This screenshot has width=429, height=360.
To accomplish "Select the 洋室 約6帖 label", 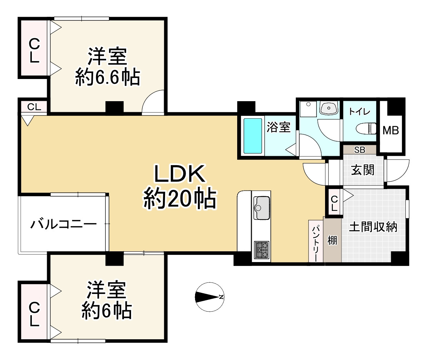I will tap(106, 300).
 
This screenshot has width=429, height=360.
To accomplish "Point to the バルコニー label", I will tap(64, 225).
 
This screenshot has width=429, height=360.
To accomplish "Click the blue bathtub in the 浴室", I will tap(253, 136).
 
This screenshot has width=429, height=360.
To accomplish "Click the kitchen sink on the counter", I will tap(262, 208).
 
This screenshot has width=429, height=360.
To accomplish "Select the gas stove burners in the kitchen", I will tap(262, 250).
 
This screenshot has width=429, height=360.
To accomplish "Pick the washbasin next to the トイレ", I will tap(329, 108).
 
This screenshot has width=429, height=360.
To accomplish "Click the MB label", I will tap(391, 131).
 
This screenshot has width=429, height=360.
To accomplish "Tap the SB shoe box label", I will tap(360, 150).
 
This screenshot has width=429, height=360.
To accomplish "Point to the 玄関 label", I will tap(363, 170).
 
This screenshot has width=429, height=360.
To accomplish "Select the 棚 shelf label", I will tap(333, 241).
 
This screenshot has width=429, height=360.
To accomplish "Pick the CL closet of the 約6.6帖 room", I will tap(34, 51).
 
